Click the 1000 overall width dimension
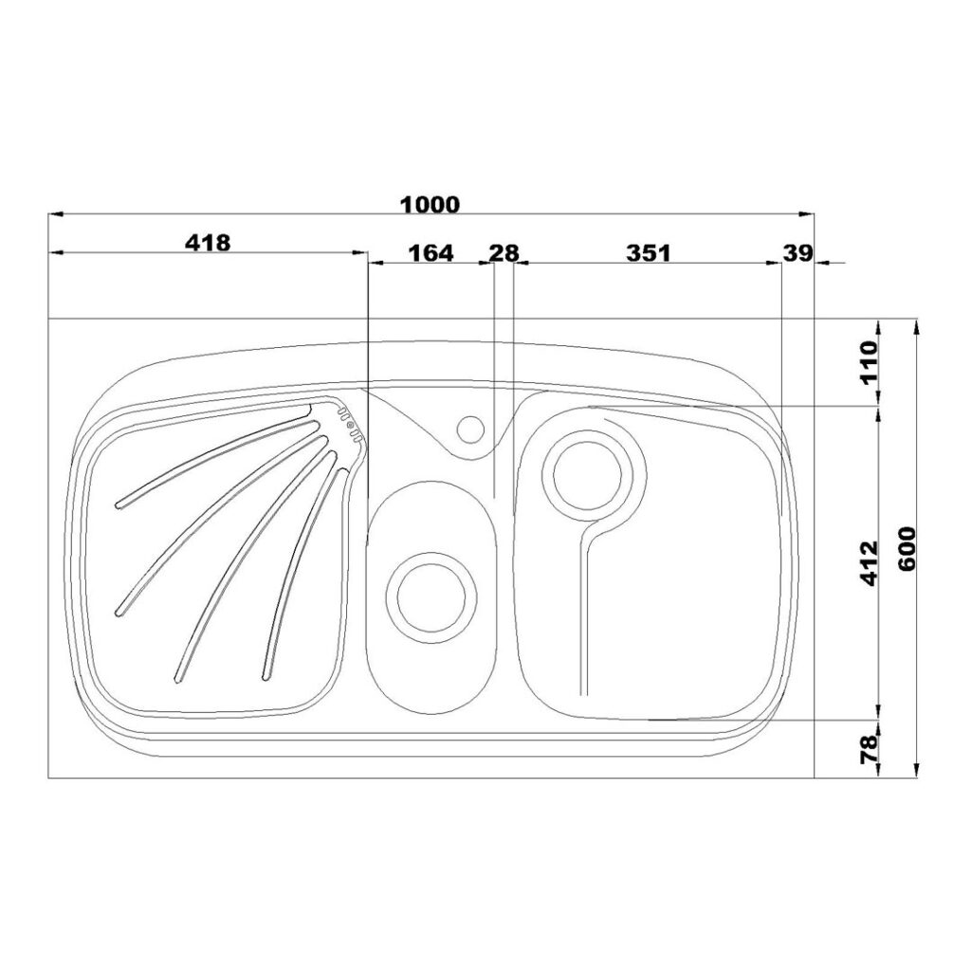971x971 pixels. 431,204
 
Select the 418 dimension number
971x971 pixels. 208,242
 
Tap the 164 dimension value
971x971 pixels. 431,252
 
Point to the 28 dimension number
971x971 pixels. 504,252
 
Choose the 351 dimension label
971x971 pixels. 649,252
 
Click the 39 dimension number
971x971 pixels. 797,252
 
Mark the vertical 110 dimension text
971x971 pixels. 869,362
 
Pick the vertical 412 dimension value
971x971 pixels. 869,563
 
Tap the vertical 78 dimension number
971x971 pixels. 869,748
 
